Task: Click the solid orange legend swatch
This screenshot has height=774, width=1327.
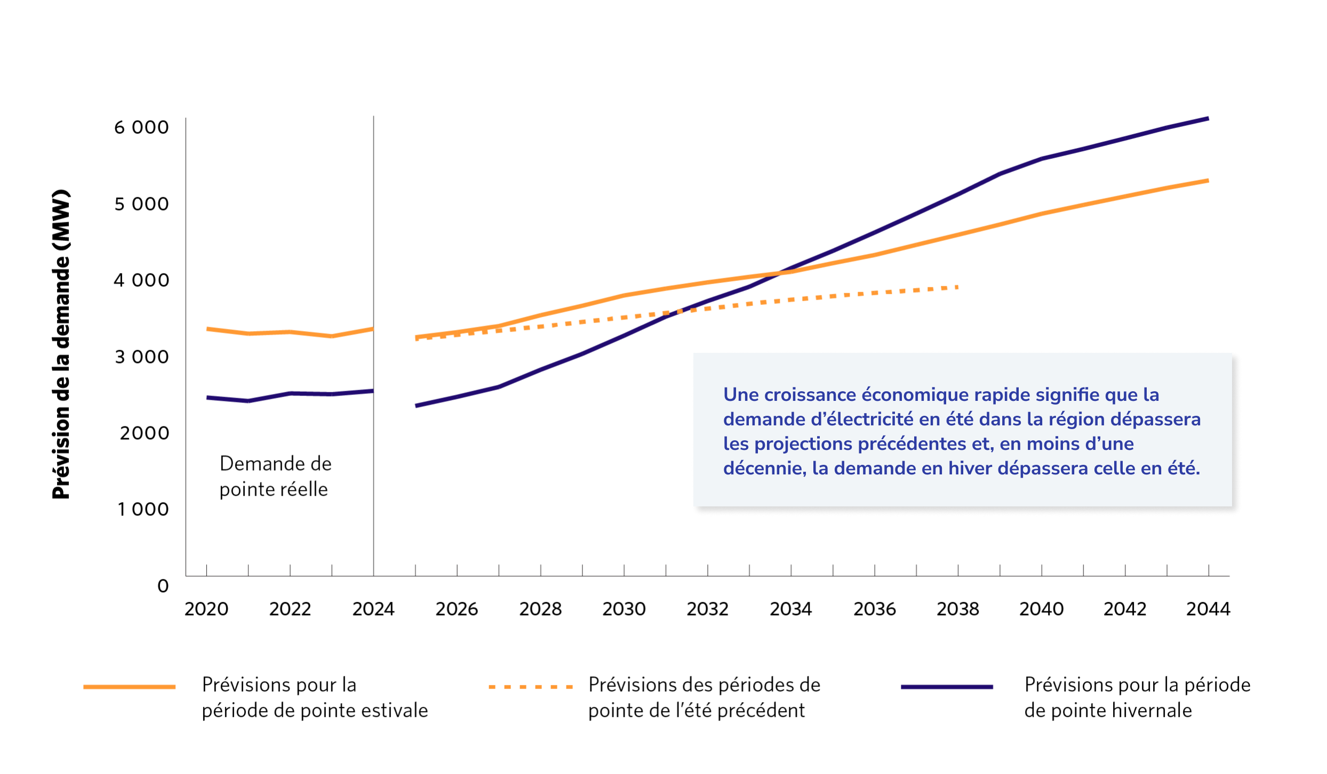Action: pos(129,687)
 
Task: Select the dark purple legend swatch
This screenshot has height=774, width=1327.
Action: pos(947,687)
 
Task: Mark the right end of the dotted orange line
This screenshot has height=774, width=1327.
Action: pos(957,287)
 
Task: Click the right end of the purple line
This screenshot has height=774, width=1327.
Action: pos(1208,118)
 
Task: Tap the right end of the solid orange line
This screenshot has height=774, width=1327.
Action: pos(1208,181)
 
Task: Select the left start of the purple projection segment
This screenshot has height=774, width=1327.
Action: pos(416,406)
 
